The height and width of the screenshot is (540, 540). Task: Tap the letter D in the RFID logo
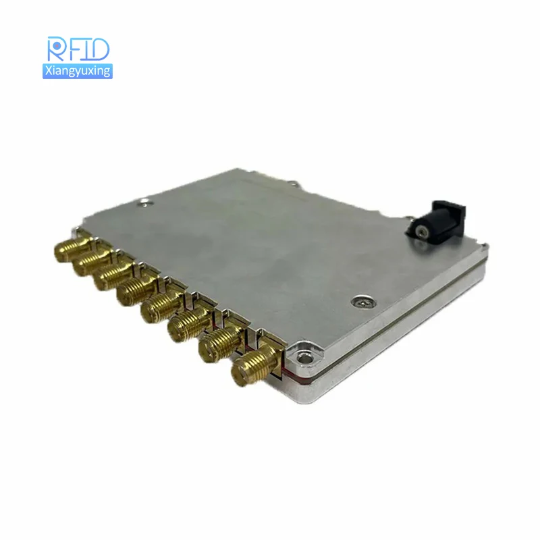tap(99, 49)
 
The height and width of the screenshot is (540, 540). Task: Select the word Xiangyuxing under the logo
tap(77, 71)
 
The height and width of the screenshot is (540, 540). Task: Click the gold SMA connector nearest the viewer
tap(250, 368)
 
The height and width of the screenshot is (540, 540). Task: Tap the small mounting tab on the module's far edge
tap(292, 182)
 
